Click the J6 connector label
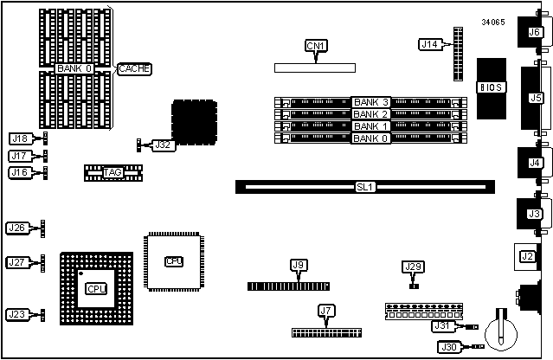tap(534, 33)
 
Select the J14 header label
tap(429, 44)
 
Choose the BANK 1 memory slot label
tap(371, 126)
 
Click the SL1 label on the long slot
tap(365, 186)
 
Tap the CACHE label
tap(135, 68)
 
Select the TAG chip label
tap(113, 172)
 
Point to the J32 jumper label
tap(163, 145)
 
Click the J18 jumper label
tap(19, 138)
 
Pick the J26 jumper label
tap(16, 228)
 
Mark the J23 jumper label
tap(16, 315)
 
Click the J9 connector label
tap(299, 265)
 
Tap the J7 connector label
tap(325, 310)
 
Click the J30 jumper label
tap(449, 347)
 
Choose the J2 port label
tap(526, 256)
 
